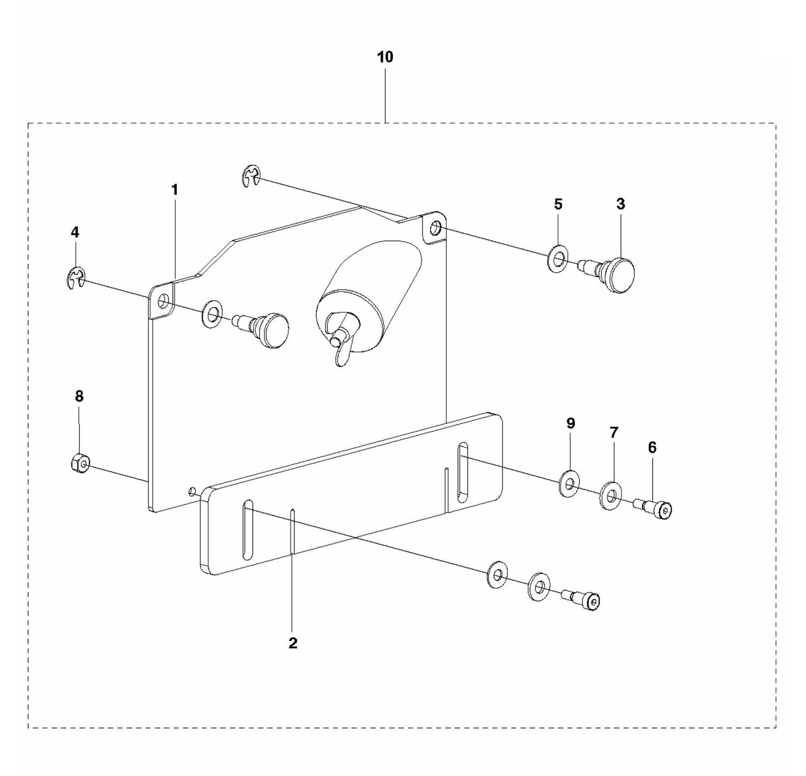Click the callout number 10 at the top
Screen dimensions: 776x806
pyautogui.click(x=385, y=57)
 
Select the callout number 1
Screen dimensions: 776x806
pyautogui.click(x=175, y=190)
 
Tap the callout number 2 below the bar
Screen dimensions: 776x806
pyautogui.click(x=293, y=643)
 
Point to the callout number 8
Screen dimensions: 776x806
pyautogui.click(x=79, y=396)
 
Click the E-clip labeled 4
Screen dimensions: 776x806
pyautogui.click(x=75, y=278)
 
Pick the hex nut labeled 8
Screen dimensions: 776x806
pyautogui.click(x=79, y=464)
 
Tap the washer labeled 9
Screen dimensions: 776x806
pyautogui.click(x=569, y=483)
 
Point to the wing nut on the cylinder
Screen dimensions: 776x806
pyautogui.click(x=339, y=341)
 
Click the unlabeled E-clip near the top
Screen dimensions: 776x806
pyautogui.click(x=252, y=177)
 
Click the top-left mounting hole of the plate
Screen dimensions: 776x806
pyautogui.click(x=163, y=302)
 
